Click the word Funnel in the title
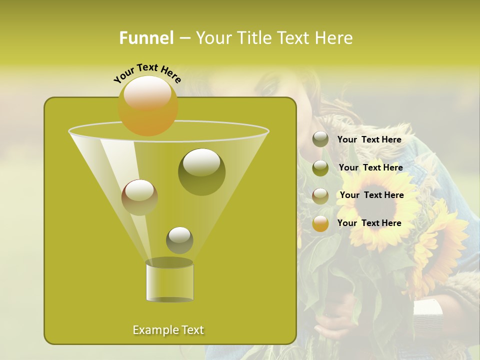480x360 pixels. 146,38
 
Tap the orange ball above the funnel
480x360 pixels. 148,105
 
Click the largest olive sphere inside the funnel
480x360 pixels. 201,171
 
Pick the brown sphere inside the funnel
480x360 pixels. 139,197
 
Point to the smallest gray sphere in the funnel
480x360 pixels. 179,240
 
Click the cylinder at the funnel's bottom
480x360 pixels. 169,282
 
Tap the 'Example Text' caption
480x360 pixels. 168,330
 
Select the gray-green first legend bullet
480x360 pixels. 320,139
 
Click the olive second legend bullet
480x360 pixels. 320,167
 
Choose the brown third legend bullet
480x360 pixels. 320,195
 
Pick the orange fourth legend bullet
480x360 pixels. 320,223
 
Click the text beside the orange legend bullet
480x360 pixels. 369,223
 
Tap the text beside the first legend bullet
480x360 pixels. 369,139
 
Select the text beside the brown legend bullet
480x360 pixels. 372,195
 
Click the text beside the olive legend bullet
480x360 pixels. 371,167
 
